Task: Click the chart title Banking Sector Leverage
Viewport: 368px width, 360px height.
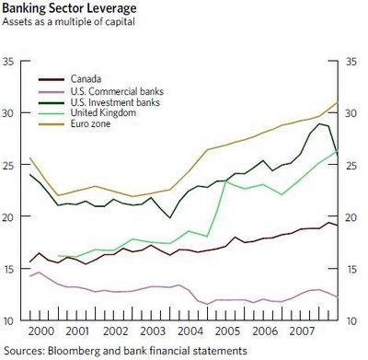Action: click(69, 8)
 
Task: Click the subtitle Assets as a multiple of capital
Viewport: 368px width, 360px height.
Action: click(68, 22)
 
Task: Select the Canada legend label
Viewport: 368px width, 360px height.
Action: click(86, 79)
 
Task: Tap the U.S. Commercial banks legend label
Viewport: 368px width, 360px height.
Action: click(117, 91)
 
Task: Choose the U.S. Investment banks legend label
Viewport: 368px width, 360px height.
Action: click(115, 102)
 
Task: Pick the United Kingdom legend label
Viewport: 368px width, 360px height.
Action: click(103, 112)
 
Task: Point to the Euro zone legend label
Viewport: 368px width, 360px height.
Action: click(90, 123)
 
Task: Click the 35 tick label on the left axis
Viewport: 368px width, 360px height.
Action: click(8, 62)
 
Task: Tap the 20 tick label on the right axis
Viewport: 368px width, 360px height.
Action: click(351, 217)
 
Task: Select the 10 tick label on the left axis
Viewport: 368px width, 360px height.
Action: click(8, 321)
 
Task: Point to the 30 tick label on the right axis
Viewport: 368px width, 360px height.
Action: click(351, 113)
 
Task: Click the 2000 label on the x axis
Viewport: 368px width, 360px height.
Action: click(40, 331)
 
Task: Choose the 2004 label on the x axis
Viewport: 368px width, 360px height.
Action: click(190, 331)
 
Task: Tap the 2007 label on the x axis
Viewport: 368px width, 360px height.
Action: click(303, 331)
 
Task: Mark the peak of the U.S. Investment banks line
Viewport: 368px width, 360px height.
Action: click(319, 123)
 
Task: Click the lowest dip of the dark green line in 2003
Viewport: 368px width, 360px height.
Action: click(170, 218)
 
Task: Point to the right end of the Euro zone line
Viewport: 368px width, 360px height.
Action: click(338, 102)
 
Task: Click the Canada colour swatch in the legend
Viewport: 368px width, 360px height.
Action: click(52, 79)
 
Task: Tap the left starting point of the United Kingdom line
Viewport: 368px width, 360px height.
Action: click(58, 255)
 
